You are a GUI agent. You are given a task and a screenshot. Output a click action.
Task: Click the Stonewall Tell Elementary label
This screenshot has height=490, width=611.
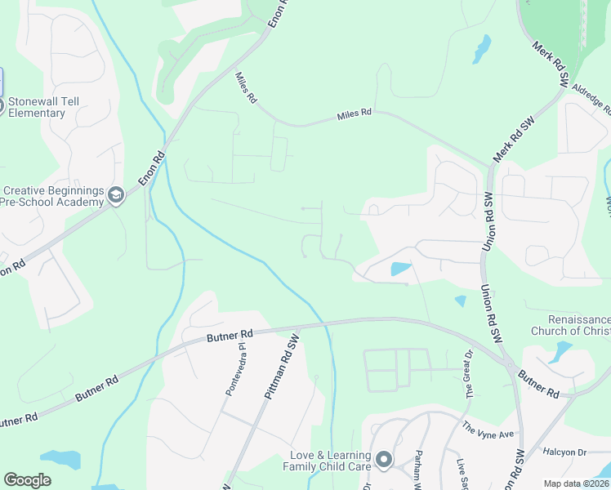[37, 107]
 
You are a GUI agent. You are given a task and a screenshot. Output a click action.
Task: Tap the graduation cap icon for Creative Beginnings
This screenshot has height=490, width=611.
[116, 195]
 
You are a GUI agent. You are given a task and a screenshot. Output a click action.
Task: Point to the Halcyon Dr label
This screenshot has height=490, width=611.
[565, 452]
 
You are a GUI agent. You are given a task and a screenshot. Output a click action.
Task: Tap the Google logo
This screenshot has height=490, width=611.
[27, 480]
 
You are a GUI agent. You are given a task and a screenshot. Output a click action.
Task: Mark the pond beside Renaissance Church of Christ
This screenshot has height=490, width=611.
[563, 351]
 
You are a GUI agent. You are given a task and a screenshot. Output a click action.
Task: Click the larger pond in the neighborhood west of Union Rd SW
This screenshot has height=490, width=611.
[400, 269]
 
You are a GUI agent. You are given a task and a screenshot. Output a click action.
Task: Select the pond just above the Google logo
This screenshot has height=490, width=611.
[60, 459]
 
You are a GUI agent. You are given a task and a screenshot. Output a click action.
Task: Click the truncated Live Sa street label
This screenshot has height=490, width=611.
[462, 474]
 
